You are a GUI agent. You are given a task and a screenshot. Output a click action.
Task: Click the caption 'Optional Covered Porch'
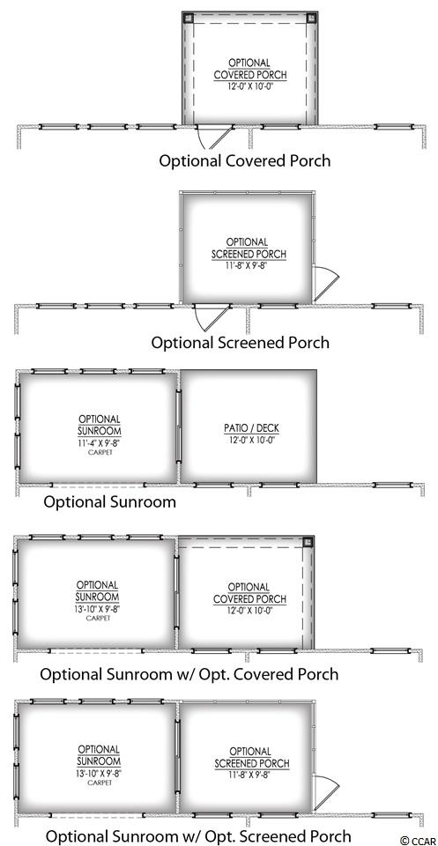point(244,160)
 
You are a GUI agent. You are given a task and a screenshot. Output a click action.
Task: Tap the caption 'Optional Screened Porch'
point(240,343)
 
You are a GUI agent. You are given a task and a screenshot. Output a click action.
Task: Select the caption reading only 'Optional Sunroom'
point(109,501)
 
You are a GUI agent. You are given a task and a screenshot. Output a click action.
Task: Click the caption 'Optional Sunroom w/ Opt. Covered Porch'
point(189,674)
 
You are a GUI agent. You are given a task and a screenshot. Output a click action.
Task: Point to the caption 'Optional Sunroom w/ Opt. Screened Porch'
point(199,836)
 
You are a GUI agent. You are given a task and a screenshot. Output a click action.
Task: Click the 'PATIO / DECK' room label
point(251,428)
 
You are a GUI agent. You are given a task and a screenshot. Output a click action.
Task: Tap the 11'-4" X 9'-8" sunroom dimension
point(100,443)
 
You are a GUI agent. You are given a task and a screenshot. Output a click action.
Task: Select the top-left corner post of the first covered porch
point(189,18)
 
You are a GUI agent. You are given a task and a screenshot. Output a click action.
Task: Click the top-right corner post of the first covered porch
point(312,18)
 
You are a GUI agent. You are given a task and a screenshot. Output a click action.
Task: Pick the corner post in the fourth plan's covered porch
point(308,542)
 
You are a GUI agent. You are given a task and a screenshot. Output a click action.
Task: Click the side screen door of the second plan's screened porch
point(326,284)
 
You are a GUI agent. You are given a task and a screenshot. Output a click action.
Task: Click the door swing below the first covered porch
point(214,137)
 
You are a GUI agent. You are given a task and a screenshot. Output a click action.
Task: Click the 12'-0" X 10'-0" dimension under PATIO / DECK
point(251,439)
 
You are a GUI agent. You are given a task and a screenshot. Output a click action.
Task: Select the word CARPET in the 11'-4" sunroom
point(100,452)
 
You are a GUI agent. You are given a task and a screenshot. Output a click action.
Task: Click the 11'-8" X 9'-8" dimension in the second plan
point(248,265)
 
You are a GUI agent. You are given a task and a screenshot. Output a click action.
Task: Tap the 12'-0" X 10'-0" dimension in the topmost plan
point(249,85)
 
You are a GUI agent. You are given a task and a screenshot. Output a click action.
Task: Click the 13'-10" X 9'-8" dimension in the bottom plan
point(99,773)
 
